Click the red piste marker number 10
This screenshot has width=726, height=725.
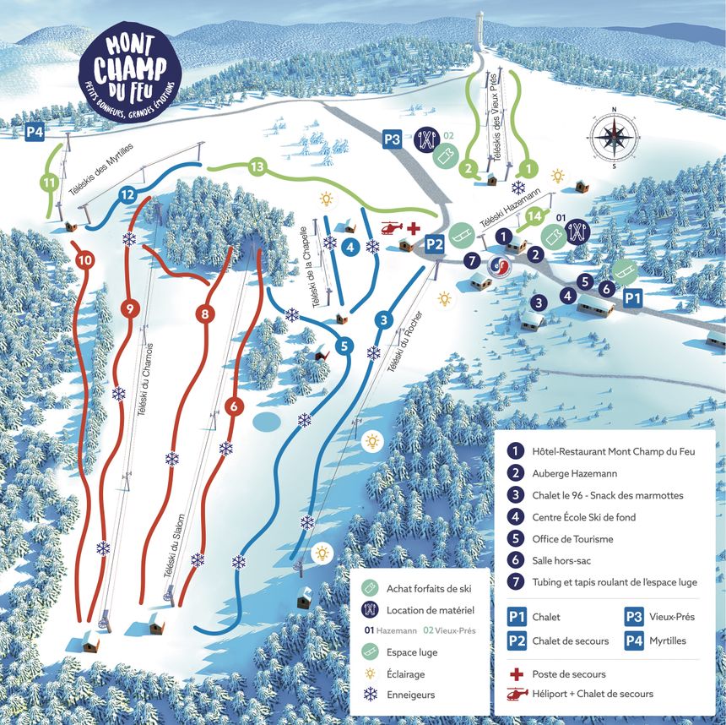coord(84,261)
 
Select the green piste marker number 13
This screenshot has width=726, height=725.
coord(258,166)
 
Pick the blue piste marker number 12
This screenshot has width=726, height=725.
coord(128,194)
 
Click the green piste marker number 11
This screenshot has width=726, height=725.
coord(50,182)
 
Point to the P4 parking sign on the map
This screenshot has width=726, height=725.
coord(35,132)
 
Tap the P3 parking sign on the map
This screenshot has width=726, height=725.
coord(392,139)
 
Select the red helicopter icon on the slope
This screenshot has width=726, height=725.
coord(390,228)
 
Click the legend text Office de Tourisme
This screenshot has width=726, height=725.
coord(572,538)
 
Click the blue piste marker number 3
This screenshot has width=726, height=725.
coord(383,319)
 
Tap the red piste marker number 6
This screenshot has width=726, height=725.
coord(235,405)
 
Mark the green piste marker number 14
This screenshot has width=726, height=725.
coord(533,216)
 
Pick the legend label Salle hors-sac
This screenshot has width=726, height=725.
coord(566,560)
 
